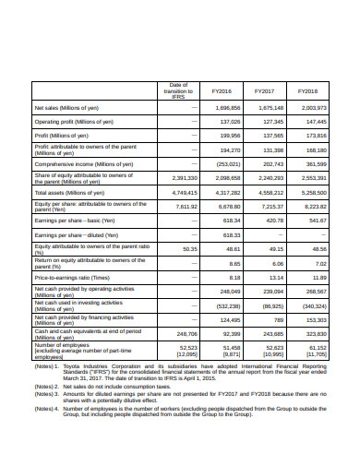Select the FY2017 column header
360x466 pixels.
[x=265, y=92]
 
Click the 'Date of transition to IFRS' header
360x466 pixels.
[x=179, y=92]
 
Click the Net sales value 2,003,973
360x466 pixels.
[x=313, y=107]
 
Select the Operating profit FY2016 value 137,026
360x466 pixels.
[x=228, y=121]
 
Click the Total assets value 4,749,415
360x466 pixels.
[x=184, y=192]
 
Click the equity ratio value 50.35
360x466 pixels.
[x=190, y=248]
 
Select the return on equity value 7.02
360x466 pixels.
[x=320, y=263]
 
